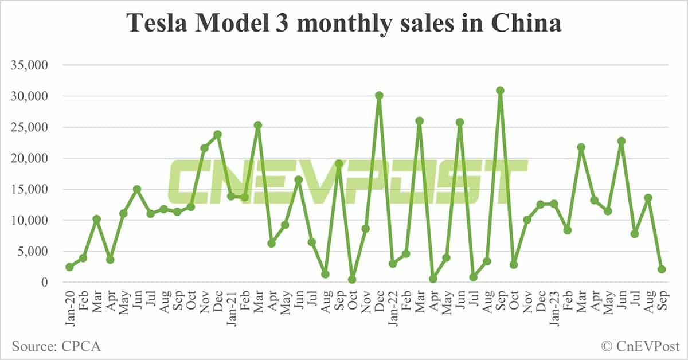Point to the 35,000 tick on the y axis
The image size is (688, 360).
[x=32, y=65]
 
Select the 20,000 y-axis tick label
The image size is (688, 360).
[x=32, y=158]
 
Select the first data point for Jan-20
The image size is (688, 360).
[x=69, y=267]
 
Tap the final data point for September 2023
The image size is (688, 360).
[x=662, y=269]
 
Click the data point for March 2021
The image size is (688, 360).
[x=258, y=125]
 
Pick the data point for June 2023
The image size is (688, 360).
[x=621, y=141]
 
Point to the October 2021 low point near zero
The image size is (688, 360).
[x=352, y=280]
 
